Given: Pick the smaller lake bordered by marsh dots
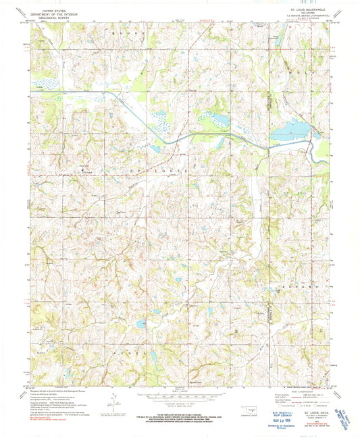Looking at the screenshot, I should click(x=220, y=119).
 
